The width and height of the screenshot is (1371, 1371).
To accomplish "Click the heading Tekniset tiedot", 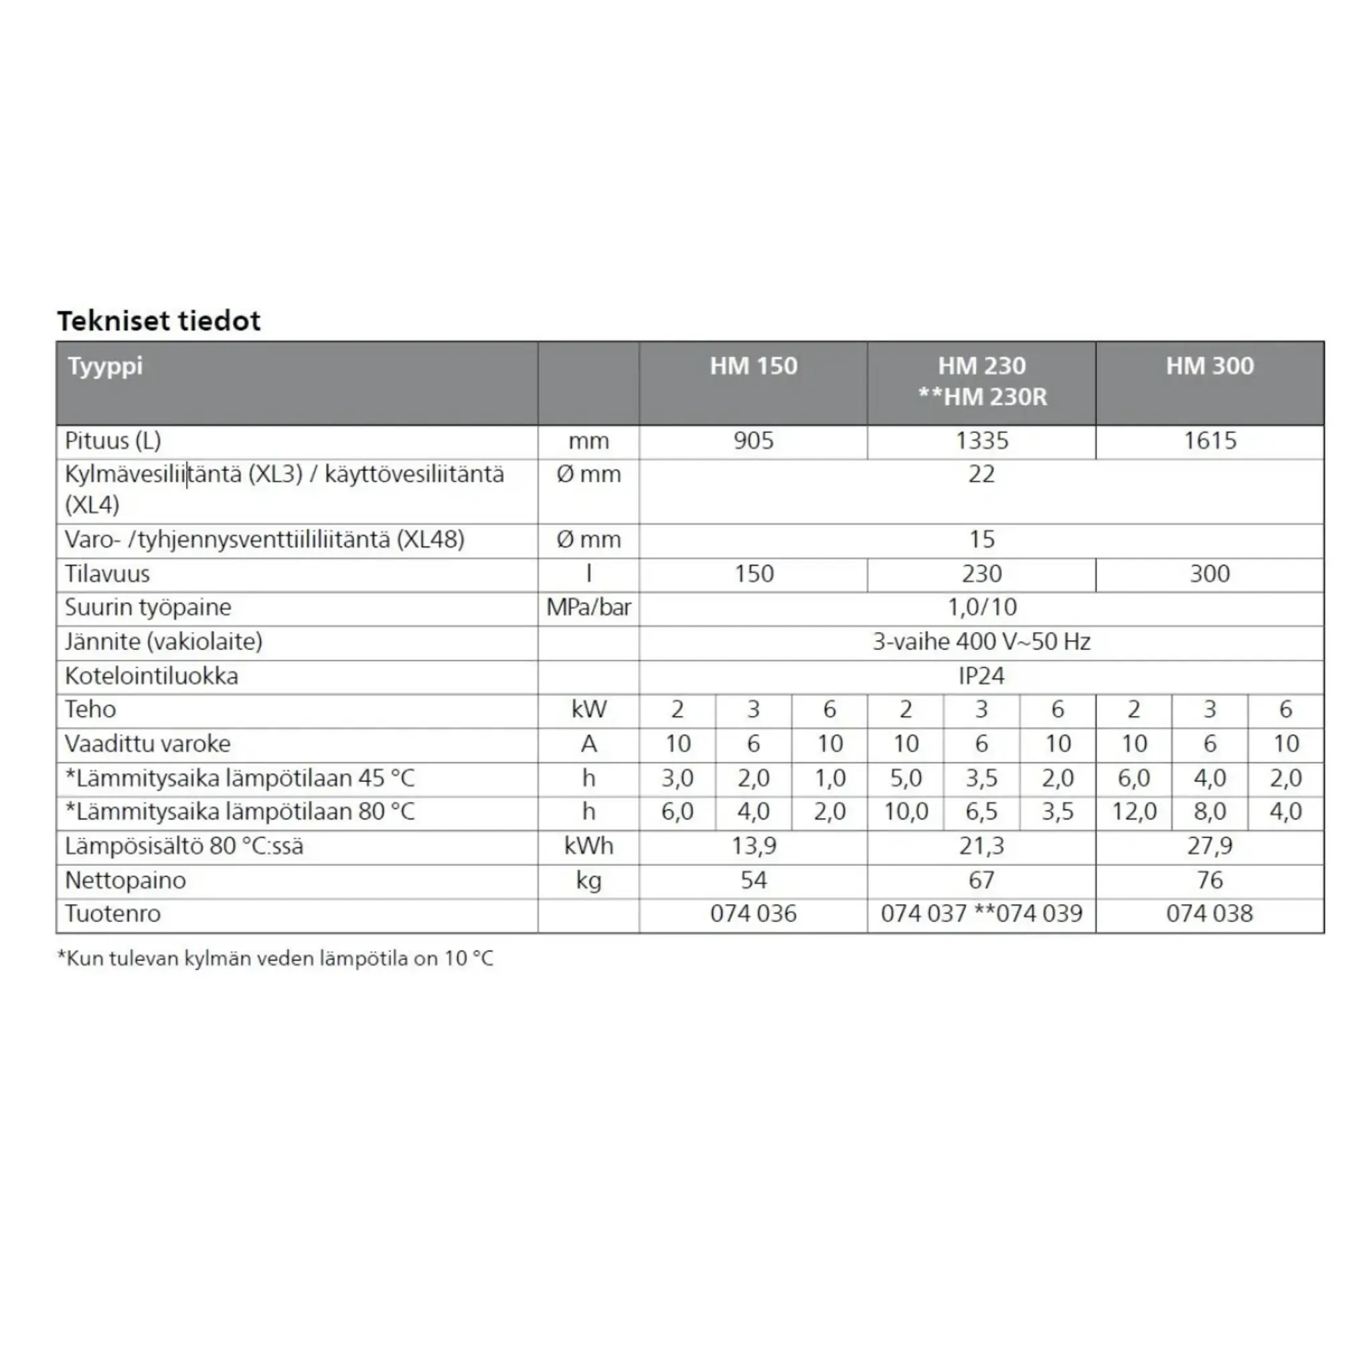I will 159,321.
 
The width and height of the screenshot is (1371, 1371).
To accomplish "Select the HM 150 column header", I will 753,366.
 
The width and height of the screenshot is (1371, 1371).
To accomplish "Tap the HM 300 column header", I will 1209,366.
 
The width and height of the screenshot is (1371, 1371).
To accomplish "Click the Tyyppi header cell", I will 105,366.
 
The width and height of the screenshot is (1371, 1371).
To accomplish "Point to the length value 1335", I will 981,440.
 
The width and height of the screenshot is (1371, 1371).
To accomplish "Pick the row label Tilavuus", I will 107,574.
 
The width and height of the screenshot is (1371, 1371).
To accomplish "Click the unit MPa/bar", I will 588,607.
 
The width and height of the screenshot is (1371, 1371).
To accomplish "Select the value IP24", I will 981,675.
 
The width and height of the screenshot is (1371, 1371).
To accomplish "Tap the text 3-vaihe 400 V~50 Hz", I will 981,641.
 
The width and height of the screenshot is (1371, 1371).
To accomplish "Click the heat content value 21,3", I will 981,846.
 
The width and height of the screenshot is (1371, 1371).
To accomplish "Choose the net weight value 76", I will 1209,880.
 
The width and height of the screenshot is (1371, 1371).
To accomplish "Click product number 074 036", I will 753,913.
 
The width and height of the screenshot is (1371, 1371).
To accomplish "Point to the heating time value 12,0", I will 1133,812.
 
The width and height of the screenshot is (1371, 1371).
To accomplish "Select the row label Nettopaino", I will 125,880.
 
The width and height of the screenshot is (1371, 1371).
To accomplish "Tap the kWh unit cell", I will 588,846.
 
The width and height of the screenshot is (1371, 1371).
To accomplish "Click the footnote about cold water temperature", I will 275,958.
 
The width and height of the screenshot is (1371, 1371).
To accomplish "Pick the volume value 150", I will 753,574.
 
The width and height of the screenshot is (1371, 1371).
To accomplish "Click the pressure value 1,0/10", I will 981,607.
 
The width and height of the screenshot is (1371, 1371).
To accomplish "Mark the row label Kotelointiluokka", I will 151,675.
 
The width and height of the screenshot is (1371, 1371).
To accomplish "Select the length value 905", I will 753,440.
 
